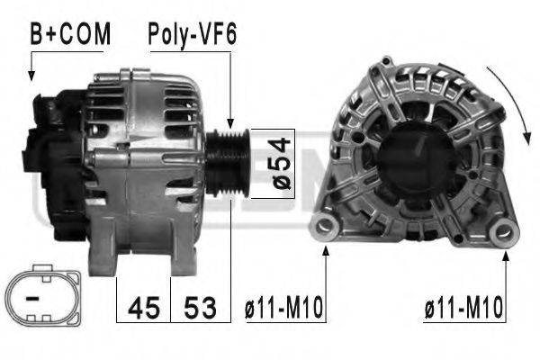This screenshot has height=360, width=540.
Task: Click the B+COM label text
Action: coord(70,33)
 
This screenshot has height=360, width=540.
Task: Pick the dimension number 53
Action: coord(201,308)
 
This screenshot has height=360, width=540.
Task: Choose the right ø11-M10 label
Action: coord(463,309)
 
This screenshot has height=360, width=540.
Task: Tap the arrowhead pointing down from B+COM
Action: coord(33,76)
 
